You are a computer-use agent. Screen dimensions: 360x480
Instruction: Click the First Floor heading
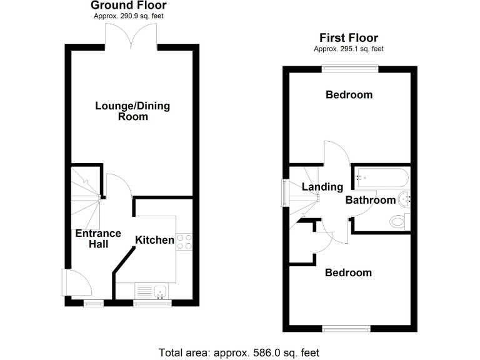349,38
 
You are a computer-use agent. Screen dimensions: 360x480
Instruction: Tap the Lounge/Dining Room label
132,111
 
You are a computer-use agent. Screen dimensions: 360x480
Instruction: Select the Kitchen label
155,239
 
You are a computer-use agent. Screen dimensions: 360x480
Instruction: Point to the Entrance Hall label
98,239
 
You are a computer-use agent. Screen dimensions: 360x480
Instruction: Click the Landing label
322,187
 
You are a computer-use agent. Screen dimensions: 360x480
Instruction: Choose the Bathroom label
371,200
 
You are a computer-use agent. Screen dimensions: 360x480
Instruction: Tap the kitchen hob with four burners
184,241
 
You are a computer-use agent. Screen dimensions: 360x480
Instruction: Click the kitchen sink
160,291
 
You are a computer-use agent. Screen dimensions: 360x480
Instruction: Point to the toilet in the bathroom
398,221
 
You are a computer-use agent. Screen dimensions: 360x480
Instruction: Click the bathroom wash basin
404,198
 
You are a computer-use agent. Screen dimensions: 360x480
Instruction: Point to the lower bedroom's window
346,327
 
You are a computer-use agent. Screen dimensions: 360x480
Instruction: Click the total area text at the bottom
239,352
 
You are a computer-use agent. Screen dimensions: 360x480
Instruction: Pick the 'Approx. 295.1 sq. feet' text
349,49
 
